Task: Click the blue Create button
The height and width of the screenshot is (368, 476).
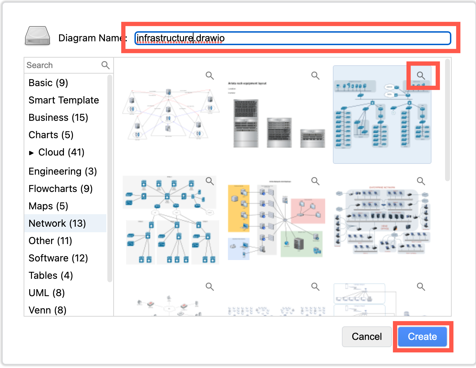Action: tap(422, 336)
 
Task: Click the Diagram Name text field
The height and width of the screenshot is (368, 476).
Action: tap(293, 38)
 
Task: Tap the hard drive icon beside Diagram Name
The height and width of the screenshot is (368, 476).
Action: tap(38, 36)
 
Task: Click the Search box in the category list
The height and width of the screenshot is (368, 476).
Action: tap(63, 65)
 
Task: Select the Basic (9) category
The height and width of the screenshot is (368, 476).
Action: tap(48, 83)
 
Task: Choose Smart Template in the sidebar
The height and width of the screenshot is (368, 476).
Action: tap(64, 100)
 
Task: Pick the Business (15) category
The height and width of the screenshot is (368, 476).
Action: tap(58, 118)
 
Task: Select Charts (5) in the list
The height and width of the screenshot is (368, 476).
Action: tap(51, 135)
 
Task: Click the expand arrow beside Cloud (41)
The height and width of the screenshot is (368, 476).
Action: tap(32, 153)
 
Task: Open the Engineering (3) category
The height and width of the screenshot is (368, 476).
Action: tap(63, 172)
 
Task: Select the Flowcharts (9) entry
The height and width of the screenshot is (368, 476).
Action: tap(60, 189)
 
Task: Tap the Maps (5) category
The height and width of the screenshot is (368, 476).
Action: tap(48, 206)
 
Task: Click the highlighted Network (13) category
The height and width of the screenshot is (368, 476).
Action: tap(57, 224)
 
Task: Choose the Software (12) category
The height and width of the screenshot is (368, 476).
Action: tap(58, 258)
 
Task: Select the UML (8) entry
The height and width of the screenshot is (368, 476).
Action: tap(47, 293)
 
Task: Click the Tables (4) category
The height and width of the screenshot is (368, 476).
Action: tap(51, 276)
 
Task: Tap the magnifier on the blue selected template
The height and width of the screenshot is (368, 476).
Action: tap(421, 75)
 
